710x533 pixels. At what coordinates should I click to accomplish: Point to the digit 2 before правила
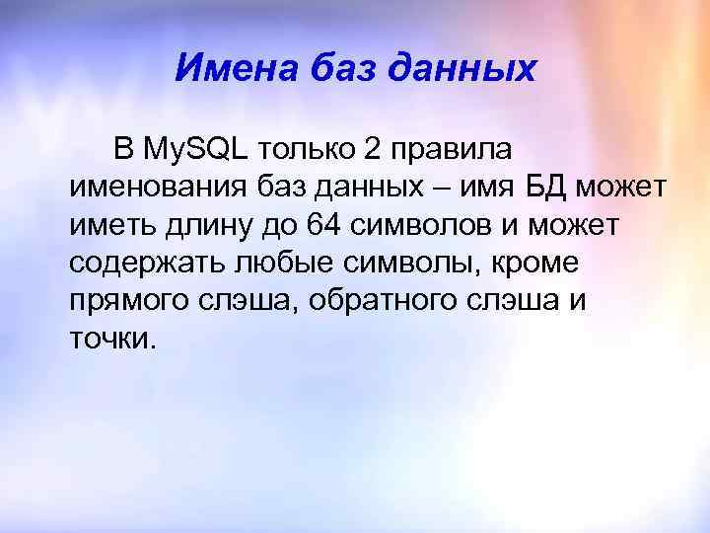[x=372, y=149]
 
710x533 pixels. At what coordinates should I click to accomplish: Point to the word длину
[x=211, y=226]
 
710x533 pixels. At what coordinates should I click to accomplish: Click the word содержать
[x=148, y=264]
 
